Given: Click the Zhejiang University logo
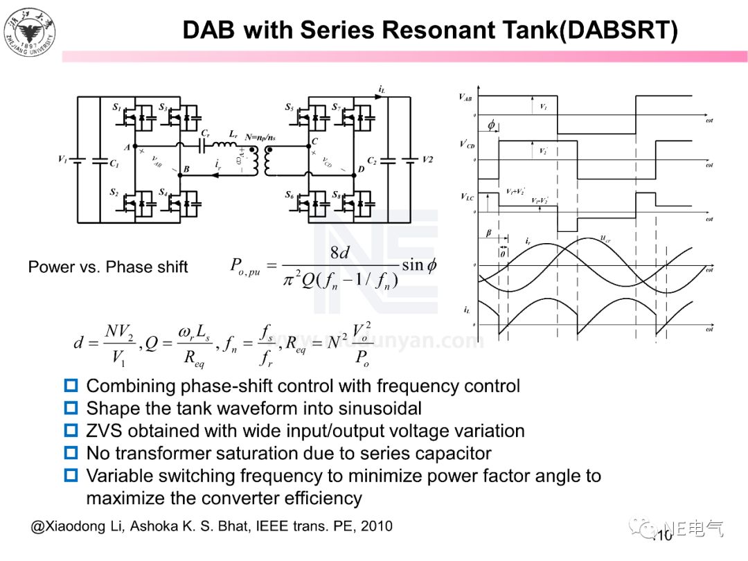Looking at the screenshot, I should click(29, 31).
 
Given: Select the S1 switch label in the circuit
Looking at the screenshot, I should click(116, 108).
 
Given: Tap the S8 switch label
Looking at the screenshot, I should click(336, 195).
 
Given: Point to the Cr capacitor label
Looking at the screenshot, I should click(206, 132).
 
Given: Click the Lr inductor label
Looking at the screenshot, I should click(233, 132).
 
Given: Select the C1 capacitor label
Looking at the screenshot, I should click(114, 163).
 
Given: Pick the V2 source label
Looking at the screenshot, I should click(427, 159).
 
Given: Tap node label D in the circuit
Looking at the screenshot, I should click(360, 169).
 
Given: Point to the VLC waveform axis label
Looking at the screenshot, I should click(467, 197).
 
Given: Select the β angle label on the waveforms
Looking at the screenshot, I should click(488, 234).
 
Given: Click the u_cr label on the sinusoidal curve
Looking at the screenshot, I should click(605, 240).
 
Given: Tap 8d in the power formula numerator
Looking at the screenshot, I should click(339, 252).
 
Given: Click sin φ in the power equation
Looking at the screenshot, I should click(419, 265).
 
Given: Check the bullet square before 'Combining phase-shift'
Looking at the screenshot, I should click(71, 386).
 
